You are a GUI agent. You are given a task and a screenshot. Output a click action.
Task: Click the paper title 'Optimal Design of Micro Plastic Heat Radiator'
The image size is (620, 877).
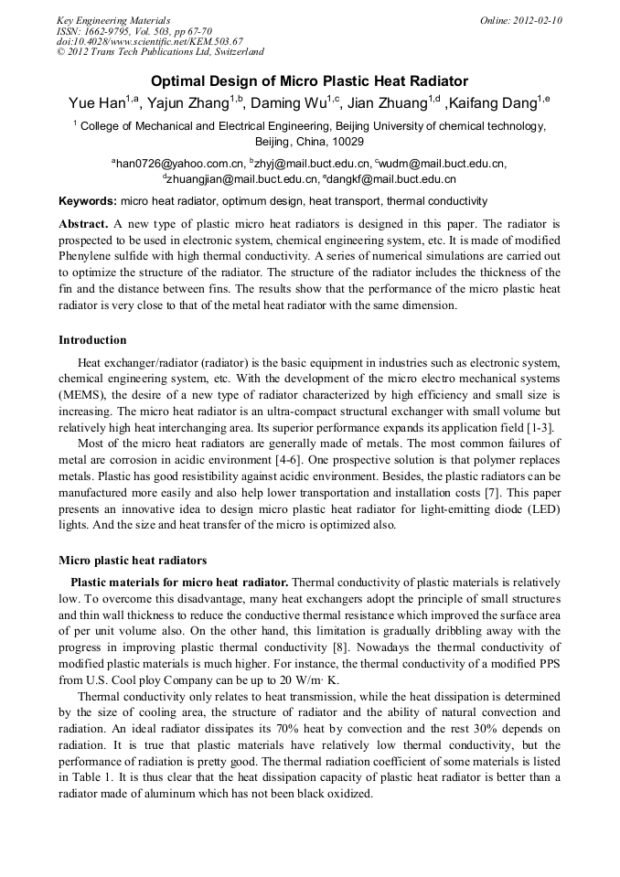(x=309, y=81)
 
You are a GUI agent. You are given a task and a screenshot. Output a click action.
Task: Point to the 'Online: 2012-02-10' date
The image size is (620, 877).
(x=521, y=20)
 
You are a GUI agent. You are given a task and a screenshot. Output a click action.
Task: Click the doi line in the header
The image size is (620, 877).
(x=150, y=42)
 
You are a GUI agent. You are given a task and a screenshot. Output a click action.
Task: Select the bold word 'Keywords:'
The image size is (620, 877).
(x=88, y=201)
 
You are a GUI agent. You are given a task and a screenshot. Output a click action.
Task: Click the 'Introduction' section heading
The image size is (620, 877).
(x=92, y=340)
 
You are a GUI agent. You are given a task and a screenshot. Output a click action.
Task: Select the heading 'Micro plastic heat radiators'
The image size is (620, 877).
(x=133, y=561)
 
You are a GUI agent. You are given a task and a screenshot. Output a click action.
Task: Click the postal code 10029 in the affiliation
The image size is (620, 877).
(x=347, y=143)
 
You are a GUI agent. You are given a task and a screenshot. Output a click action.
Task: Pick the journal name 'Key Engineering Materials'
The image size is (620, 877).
(x=113, y=20)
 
